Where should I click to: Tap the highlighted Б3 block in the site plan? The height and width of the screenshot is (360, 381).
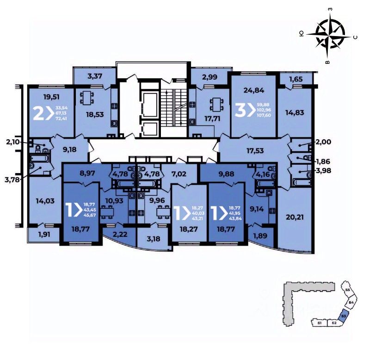(x=343, y=317)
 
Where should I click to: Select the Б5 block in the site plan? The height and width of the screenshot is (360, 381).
(x=348, y=290)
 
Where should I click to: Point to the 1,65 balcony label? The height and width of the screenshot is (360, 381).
(x=296, y=80)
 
